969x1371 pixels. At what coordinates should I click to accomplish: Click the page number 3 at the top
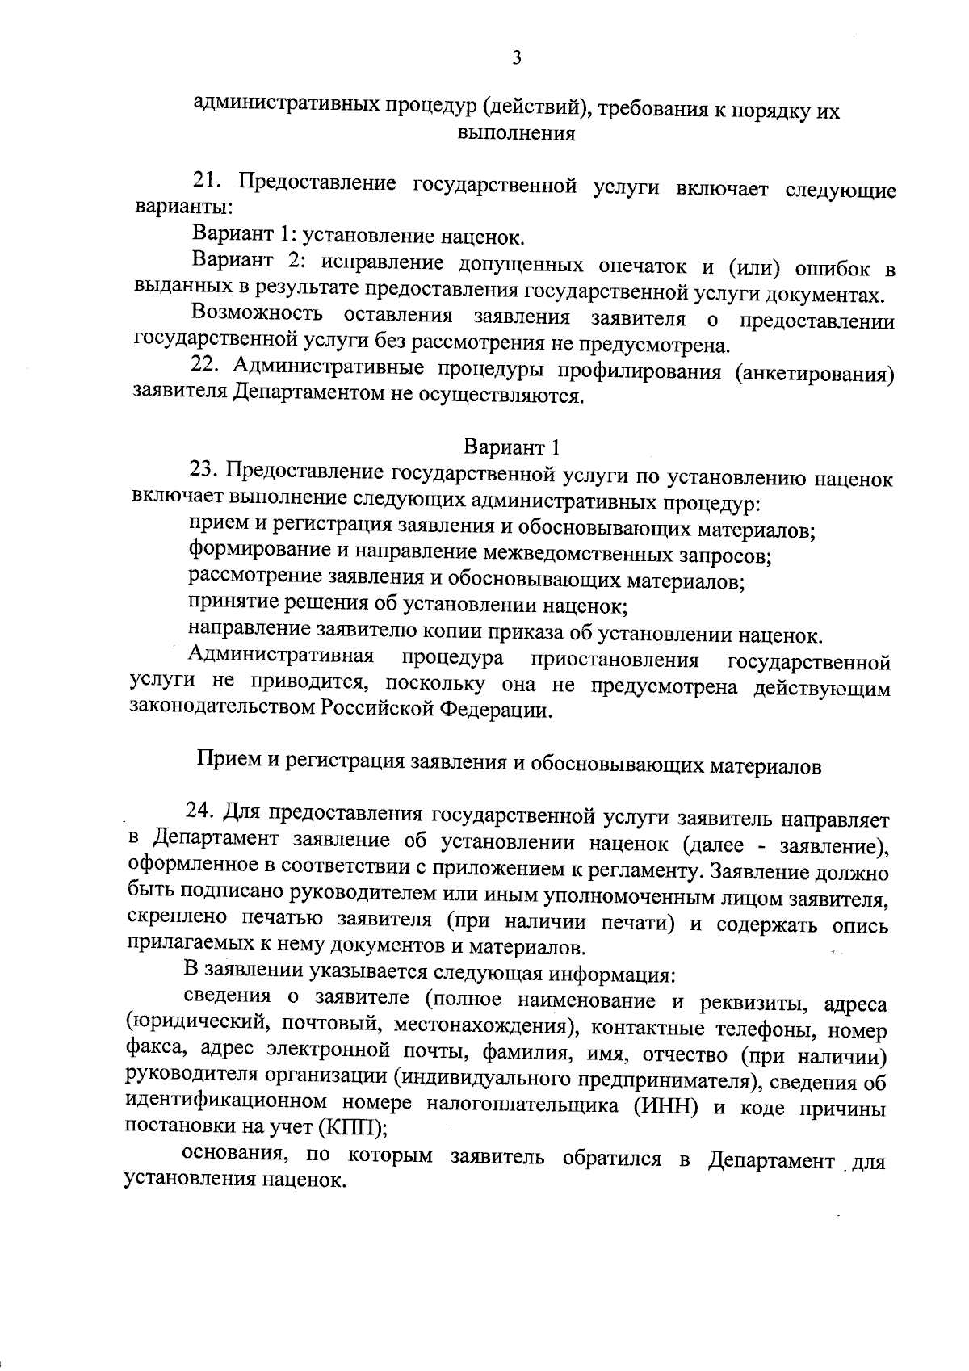[517, 57]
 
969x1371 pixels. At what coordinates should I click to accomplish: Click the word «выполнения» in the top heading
[516, 133]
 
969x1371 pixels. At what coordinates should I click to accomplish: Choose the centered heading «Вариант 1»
[511, 447]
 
